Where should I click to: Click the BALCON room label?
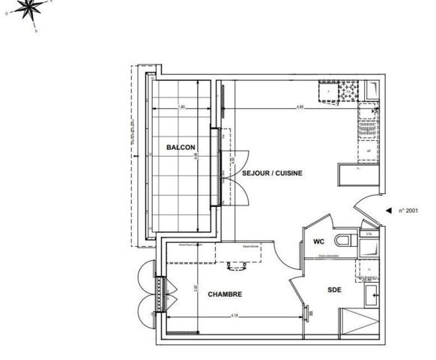pyautogui.click(x=181, y=148)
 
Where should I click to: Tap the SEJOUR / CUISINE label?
pyautogui.click(x=272, y=173)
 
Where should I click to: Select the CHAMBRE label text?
pyautogui.click(x=224, y=295)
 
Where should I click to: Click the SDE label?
pyautogui.click(x=335, y=290)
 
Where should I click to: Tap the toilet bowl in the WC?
pyautogui.click(x=345, y=241)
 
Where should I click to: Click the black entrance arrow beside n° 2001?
pyautogui.click(x=388, y=211)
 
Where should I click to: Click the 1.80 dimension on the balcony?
pyautogui.click(x=182, y=106)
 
